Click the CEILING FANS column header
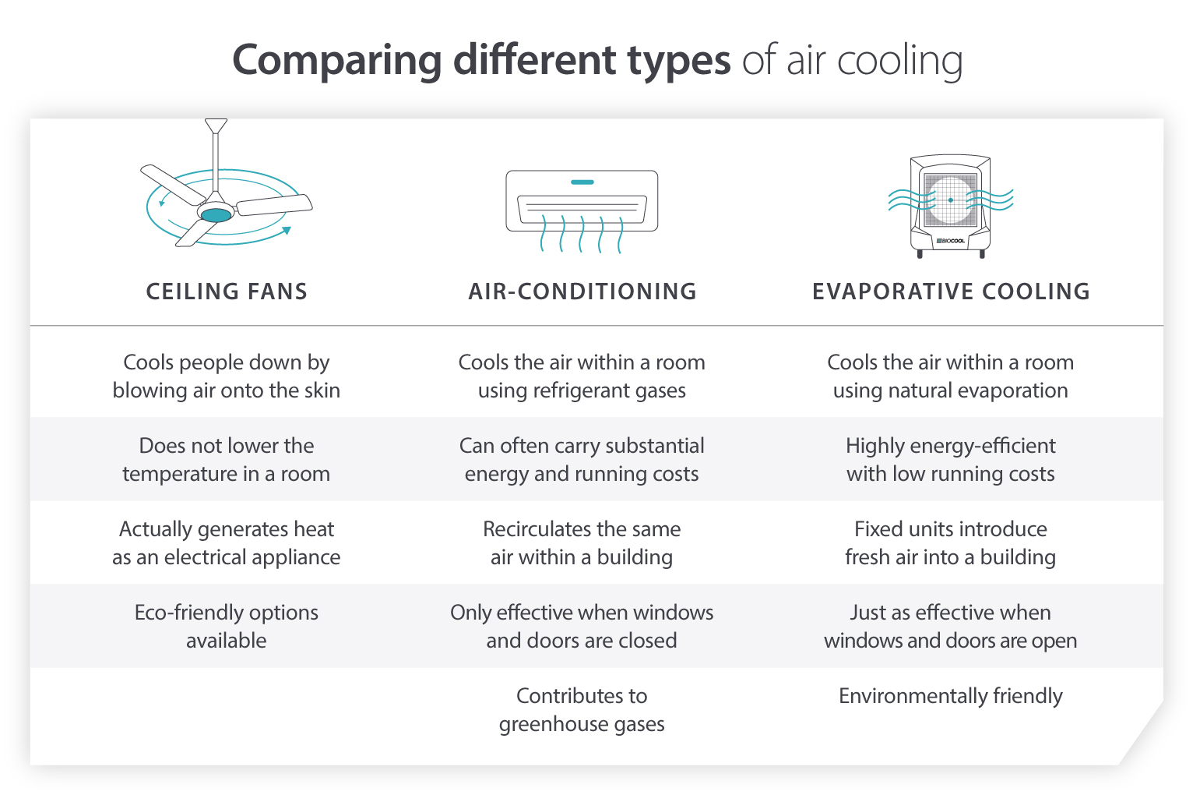pos(227,291)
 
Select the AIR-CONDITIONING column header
pos(582,291)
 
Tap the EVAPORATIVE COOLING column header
pos(951,291)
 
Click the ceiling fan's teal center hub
pos(216,214)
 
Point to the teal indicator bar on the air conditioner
pos(582,182)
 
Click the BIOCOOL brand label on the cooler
pos(951,241)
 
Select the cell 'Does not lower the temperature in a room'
pos(227,460)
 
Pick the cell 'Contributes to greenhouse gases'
pos(582,710)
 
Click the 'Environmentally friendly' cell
pos(950,696)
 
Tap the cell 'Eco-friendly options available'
pos(227,627)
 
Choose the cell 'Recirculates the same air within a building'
pos(582,543)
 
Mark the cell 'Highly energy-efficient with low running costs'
pos(950,460)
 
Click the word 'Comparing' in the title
pos(337,61)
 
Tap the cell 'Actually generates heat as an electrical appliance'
pos(227,543)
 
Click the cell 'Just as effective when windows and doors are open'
pos(950,627)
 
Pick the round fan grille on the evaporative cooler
pos(951,200)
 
